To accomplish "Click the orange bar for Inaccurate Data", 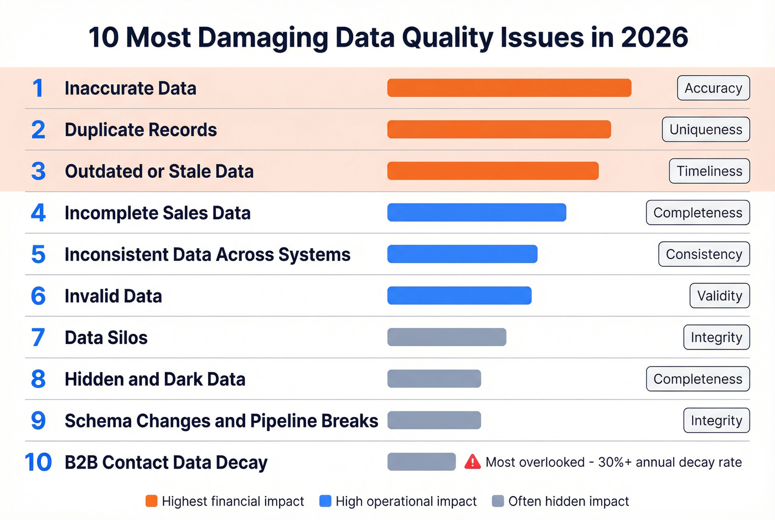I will click(x=509, y=88).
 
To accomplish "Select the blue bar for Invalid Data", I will click(x=459, y=296).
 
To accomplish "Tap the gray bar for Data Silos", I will click(x=446, y=337).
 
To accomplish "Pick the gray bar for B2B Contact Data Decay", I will click(x=421, y=462).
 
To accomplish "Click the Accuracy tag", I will click(x=713, y=88).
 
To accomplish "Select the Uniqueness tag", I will click(x=706, y=130).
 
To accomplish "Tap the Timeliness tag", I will click(x=709, y=171).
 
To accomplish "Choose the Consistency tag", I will click(x=704, y=254).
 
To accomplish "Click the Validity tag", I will click(x=719, y=296).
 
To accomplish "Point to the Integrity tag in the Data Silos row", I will click(x=716, y=337).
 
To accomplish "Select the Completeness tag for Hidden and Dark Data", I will click(x=697, y=379).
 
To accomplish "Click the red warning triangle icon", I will click(x=472, y=462).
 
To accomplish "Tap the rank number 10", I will click(x=38, y=462).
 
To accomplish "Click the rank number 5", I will click(x=38, y=255).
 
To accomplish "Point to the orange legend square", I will click(x=151, y=501).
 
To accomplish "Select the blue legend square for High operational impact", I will click(x=325, y=501).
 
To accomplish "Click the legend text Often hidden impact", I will click(x=569, y=501).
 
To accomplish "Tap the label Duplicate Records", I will click(x=141, y=130).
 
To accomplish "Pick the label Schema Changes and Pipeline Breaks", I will click(x=221, y=421).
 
